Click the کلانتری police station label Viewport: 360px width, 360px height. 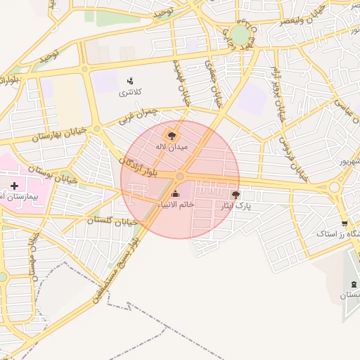(129, 93)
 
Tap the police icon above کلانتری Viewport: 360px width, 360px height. (130, 82)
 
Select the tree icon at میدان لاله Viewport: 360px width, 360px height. (171, 134)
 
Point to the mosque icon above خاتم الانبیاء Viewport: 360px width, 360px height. (175, 194)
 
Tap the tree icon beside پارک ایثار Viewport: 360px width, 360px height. (235, 194)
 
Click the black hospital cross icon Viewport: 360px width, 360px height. (14, 186)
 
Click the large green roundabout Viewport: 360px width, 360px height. (240, 34)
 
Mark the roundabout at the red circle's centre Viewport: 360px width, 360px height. (180, 176)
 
